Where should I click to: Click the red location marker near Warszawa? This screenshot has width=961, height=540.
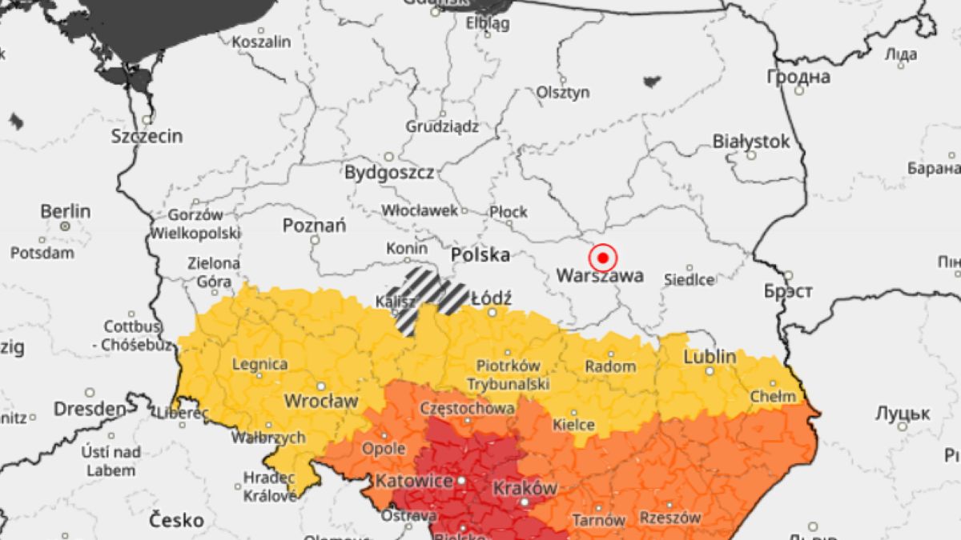602,258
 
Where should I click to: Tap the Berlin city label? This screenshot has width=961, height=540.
66,212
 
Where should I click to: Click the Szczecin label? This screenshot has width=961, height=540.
147,136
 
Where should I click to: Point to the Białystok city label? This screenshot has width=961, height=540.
751,142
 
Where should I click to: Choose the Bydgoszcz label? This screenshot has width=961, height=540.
389,172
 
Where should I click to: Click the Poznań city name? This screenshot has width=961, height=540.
314,226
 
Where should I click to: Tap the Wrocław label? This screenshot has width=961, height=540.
321,401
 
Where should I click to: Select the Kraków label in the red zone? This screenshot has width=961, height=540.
526,487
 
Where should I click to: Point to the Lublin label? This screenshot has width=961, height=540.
710,357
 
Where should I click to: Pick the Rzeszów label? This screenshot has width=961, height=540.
670,518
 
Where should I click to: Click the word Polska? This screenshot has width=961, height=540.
480,255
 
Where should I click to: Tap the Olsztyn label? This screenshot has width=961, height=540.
563,92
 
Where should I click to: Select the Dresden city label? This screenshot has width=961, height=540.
90,409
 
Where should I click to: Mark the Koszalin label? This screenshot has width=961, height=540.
261,42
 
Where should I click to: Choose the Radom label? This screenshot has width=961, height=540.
610,366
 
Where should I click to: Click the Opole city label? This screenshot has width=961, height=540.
384,448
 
